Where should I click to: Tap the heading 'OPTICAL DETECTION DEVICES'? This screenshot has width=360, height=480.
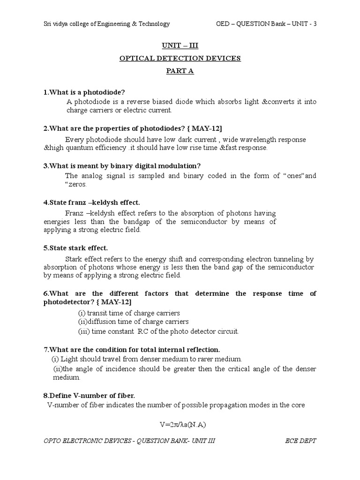180,58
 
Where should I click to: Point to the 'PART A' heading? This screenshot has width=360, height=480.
180,71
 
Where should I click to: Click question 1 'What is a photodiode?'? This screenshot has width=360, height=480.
84,91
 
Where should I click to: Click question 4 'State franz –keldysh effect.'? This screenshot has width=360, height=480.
91,202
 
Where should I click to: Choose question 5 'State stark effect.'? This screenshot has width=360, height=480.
75,248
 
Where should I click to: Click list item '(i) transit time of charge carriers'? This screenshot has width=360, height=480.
129,313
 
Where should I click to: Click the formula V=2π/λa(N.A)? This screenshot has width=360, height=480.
180,425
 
